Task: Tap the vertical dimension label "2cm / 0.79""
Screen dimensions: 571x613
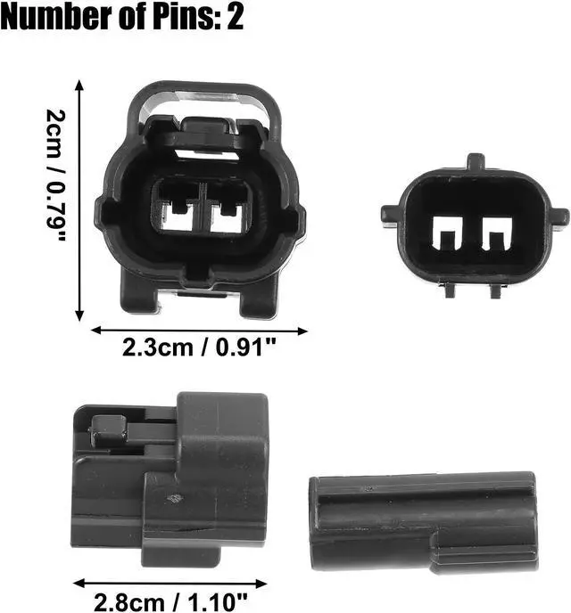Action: (55, 175)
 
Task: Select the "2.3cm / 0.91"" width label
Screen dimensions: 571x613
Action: (199, 347)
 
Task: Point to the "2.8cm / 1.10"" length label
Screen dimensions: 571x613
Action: (170, 602)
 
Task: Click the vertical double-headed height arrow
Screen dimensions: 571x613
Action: (79, 200)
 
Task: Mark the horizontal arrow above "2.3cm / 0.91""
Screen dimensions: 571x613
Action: (199, 331)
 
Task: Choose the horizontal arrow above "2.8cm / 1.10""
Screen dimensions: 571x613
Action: (170, 584)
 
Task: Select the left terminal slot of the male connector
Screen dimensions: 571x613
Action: (447, 233)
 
